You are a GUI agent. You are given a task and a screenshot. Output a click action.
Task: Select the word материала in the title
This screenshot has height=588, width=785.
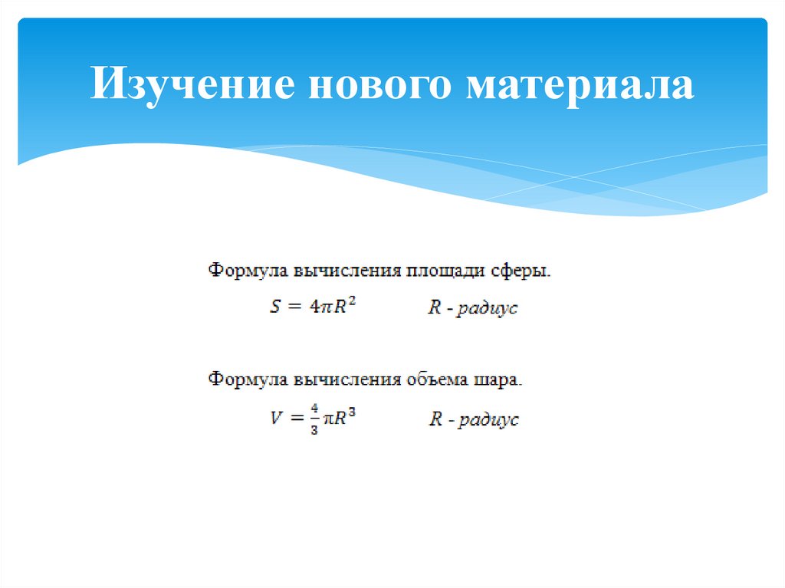pyautogui.click(x=580, y=85)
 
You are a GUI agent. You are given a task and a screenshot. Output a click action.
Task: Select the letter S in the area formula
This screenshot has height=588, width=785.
pyautogui.click(x=276, y=307)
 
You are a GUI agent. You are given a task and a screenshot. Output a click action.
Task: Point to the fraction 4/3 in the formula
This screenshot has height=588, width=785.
pyautogui.click(x=315, y=419)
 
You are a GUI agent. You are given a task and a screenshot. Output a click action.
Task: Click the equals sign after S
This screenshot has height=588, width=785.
pyautogui.click(x=296, y=307)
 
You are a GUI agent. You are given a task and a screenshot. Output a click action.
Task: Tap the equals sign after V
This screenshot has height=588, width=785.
pyautogui.click(x=296, y=419)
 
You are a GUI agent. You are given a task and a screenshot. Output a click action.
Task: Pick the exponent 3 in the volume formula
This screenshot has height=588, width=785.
pyautogui.click(x=353, y=413)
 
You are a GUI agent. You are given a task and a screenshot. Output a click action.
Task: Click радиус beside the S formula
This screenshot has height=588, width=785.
pyautogui.click(x=487, y=308)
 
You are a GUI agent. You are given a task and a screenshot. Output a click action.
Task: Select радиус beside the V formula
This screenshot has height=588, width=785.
pyautogui.click(x=487, y=419)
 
